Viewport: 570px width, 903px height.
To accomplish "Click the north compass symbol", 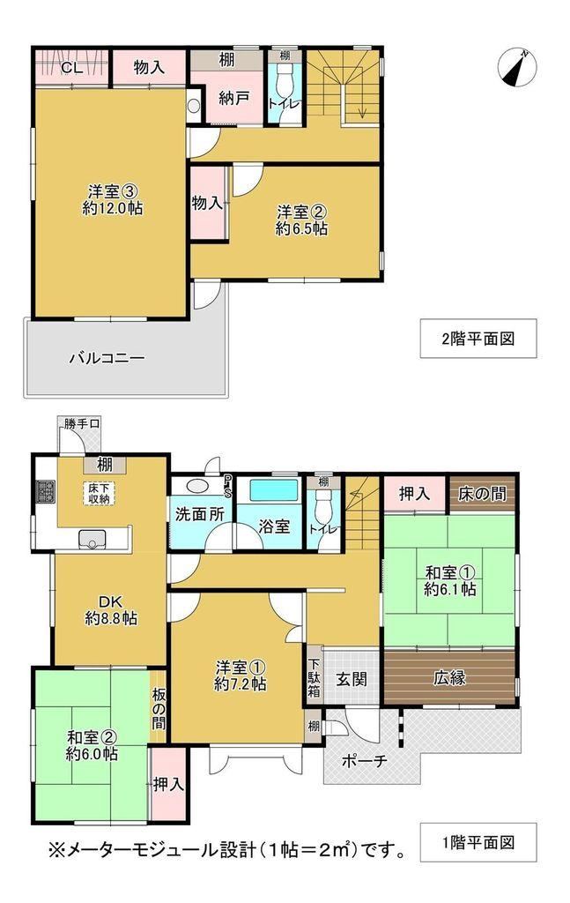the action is tap(516, 68).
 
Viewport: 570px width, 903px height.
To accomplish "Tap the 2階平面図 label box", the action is tap(478, 339).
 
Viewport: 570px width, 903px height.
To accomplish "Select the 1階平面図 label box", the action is tap(478, 842).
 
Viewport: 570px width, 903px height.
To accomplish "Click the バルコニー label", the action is tap(107, 358).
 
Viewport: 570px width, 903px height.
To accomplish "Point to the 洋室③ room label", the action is tap(112, 191).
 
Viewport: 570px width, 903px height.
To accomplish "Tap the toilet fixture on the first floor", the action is tap(324, 504).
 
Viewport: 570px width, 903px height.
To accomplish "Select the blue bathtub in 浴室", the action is tap(273, 492).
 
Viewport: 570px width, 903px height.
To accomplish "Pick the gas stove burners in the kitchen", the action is tap(46, 491).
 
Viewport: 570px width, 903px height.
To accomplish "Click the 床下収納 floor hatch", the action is tap(99, 493).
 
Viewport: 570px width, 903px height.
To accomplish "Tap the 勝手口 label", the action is tap(82, 424).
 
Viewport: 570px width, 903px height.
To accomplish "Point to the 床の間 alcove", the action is tap(483, 493).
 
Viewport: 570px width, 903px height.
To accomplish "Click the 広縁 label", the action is tap(449, 678).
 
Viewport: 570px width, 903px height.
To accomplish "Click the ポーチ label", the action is tap(365, 761).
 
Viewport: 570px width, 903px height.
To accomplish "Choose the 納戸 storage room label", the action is tap(233, 98).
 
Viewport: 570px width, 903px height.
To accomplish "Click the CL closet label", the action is tap(72, 67).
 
